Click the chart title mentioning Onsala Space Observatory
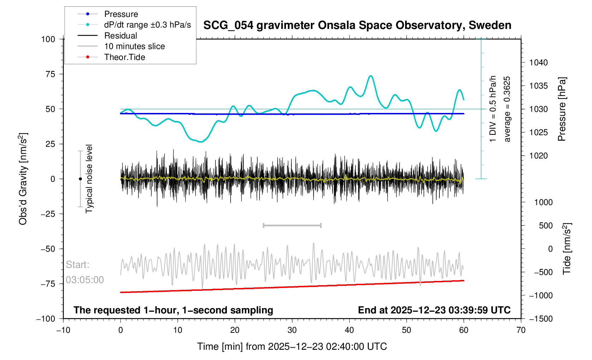[x=357, y=25]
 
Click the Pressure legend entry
[x=121, y=14]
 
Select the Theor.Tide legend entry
[x=124, y=57]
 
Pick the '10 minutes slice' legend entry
[x=134, y=46]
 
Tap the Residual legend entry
[x=120, y=36]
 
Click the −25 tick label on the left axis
[x=48, y=214]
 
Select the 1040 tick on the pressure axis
[x=538, y=63]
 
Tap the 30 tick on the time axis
[x=292, y=330]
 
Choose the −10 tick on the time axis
[x=63, y=330]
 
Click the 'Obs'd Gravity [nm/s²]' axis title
[x=23, y=179]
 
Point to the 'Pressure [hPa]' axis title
[x=562, y=109]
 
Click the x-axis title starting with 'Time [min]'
[x=292, y=347]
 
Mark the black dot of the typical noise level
[x=80, y=179]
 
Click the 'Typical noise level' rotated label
[x=89, y=179]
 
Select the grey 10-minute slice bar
[x=292, y=225]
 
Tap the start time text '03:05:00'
[x=85, y=280]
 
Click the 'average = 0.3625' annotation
[x=507, y=109]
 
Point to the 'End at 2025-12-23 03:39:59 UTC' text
[x=434, y=310]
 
